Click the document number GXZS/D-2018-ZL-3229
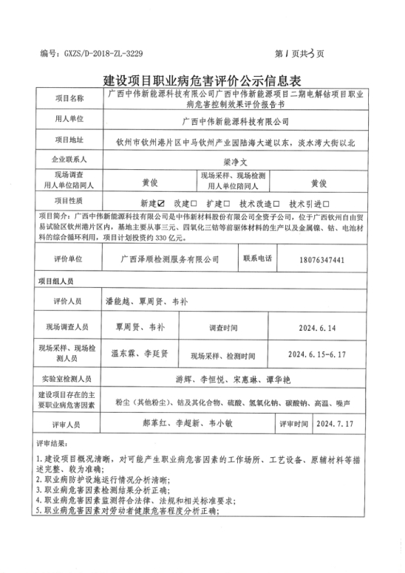coord(102,54)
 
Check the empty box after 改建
coord(194,202)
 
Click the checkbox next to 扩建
coord(227,202)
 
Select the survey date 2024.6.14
coord(319,327)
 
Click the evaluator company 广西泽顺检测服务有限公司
coord(170,260)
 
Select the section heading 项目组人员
coord(55,282)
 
